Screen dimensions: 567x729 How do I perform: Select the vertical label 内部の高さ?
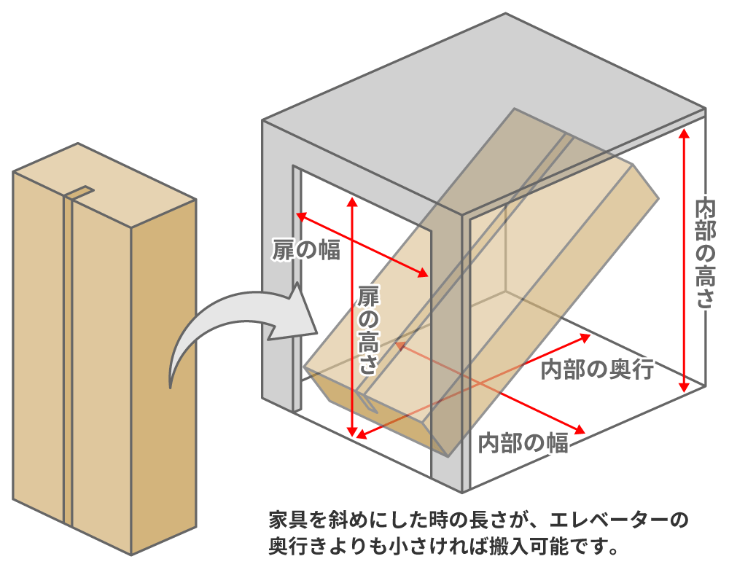point(705,252)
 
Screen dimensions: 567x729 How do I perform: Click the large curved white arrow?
point(219,328)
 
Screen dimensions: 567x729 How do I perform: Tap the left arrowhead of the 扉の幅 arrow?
point(300,216)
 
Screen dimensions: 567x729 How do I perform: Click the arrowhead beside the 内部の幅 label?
point(581,428)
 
